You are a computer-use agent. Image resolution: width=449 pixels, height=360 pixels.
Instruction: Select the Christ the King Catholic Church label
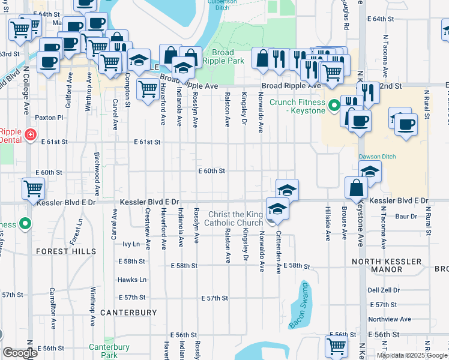coord(235,219)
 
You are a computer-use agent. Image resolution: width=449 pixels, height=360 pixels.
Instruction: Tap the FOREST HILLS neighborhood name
coord(65,251)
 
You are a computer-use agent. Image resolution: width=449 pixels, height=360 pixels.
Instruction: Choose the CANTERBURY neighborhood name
coord(128,313)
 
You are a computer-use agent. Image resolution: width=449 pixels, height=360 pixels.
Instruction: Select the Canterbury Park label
coord(109,351)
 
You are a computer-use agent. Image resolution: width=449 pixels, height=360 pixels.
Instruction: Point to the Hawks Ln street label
coord(132,280)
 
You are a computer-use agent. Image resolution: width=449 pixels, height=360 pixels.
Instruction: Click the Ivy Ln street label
coord(131,244)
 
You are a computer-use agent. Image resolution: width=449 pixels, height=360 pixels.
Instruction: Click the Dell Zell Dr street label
coord(384,290)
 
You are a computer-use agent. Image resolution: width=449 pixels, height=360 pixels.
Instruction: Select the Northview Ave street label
coord(389,319)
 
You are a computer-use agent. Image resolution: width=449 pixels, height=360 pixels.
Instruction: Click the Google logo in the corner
coord(20,353)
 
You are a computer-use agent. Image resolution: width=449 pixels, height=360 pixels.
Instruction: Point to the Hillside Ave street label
coord(328,224)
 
